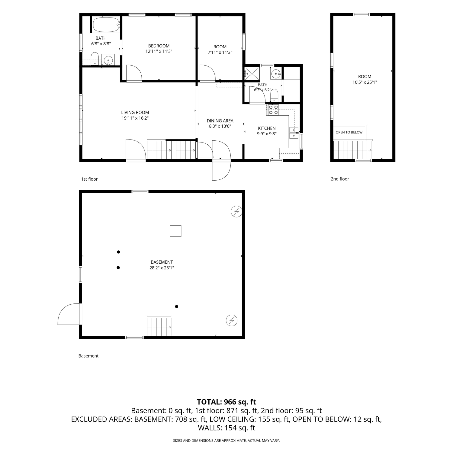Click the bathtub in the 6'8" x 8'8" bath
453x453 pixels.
tap(106, 24)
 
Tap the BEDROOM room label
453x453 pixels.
tap(159, 46)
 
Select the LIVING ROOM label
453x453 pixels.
tap(135, 113)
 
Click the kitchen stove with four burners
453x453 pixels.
tap(273, 110)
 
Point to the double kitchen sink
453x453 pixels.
tap(294, 133)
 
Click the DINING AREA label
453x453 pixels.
tap(220, 121)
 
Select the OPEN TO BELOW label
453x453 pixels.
tap(349, 132)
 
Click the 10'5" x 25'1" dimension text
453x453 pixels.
tap(365, 82)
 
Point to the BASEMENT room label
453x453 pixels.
tap(162, 262)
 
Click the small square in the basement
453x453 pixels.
tap(175, 231)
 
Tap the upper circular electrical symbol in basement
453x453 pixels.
tap(236, 212)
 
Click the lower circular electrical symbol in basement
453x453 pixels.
tap(232, 320)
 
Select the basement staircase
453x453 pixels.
tap(159, 326)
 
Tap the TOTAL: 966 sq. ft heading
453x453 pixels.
tap(226, 402)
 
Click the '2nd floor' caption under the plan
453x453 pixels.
tap(340, 179)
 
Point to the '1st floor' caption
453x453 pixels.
tap(89, 179)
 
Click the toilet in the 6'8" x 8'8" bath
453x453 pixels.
tap(95, 58)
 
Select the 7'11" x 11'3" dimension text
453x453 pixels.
tap(220, 52)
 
